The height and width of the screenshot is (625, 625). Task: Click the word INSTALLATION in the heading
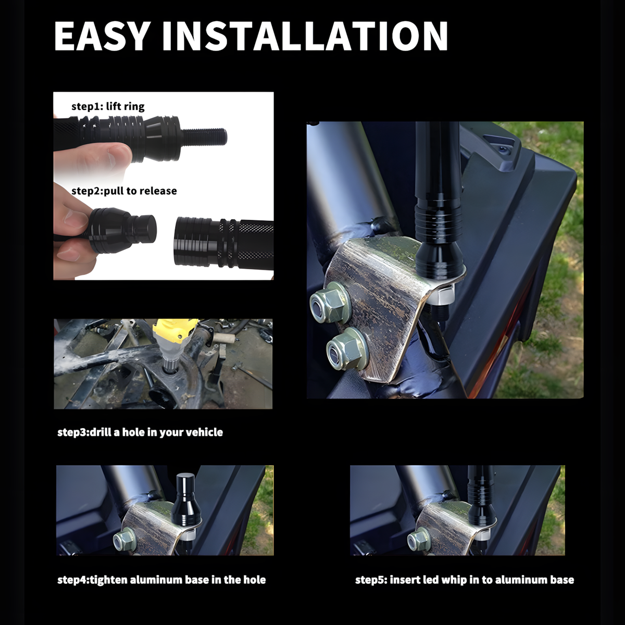[x=305, y=36]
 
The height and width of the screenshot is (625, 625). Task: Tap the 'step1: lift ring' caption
[x=108, y=106]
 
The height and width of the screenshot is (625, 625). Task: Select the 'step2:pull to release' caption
[x=124, y=191]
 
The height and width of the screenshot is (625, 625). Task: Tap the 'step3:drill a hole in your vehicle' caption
[x=140, y=432]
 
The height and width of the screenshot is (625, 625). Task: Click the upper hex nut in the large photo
[x=329, y=302]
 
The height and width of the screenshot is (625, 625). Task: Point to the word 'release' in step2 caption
[x=159, y=191]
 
